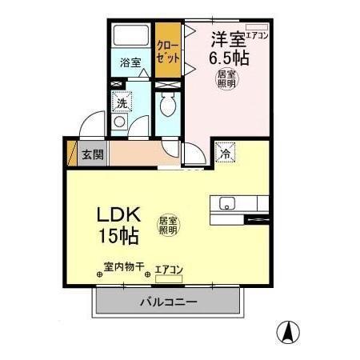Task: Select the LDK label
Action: (x=119, y=214)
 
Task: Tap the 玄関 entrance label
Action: (x=93, y=154)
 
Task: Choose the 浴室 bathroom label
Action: (x=130, y=62)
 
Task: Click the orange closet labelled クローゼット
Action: (x=167, y=50)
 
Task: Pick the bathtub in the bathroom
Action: (x=131, y=36)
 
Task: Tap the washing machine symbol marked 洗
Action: (x=121, y=102)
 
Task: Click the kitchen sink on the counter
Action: (x=225, y=202)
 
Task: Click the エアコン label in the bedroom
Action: (x=257, y=35)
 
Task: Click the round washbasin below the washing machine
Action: (x=120, y=122)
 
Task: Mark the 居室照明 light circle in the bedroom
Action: (x=227, y=80)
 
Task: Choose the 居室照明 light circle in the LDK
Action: (x=167, y=225)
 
